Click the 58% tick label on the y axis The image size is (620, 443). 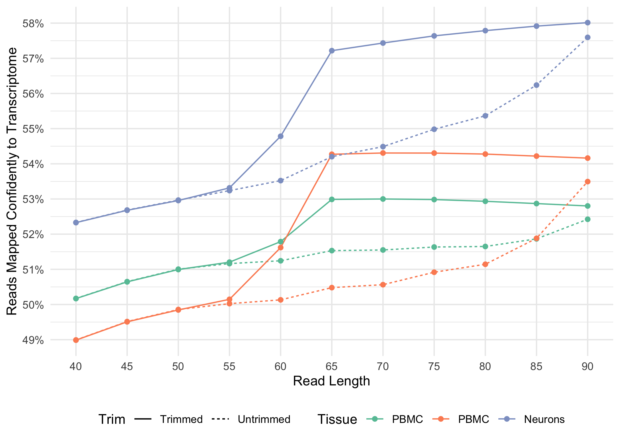tap(33, 23)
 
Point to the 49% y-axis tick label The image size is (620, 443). tap(33, 340)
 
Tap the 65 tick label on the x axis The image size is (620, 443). tap(332, 367)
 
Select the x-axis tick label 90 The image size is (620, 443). tap(588, 367)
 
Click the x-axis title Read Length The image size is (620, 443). tap(331, 381)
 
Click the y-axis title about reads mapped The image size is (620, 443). tap(12, 181)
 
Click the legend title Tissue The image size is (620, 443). tap(337, 419)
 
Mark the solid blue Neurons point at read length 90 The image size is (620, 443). tap(588, 23)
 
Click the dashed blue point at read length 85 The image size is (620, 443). tap(536, 85)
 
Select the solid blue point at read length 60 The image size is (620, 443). tap(280, 136)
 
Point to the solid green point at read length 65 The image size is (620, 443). tap(332, 199)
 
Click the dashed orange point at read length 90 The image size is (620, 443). tap(588, 181)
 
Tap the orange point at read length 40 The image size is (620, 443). tap(76, 340)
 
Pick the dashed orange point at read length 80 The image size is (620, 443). tap(485, 264)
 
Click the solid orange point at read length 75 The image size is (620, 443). tap(434, 153)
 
